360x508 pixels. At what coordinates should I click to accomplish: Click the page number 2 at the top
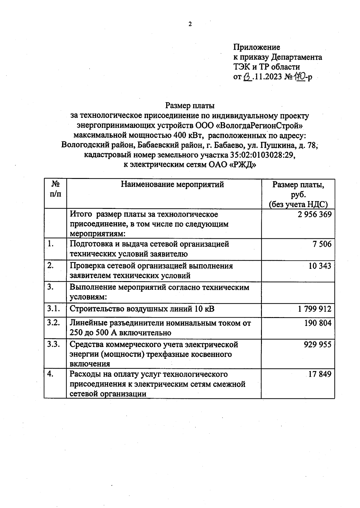pos(190,25)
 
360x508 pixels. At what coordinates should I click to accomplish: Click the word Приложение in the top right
pos(256,47)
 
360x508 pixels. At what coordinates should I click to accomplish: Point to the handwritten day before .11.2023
pos(247,77)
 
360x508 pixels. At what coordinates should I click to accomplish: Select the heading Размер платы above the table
pos(190,105)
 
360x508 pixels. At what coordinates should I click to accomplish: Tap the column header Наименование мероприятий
pos(172,184)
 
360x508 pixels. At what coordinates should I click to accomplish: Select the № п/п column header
pos(55,189)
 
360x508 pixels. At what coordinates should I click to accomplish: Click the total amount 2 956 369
pos(315,214)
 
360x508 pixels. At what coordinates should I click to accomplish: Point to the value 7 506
pos(322,244)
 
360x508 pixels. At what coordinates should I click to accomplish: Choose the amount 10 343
pos(320,266)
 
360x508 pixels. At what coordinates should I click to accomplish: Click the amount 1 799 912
pos(315,309)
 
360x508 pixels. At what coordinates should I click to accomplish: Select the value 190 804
pos(318,323)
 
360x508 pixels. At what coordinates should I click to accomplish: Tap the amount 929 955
pos(317,344)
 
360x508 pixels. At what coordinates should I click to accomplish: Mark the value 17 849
pos(320,374)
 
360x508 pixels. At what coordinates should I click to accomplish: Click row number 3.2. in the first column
pos(53,323)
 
